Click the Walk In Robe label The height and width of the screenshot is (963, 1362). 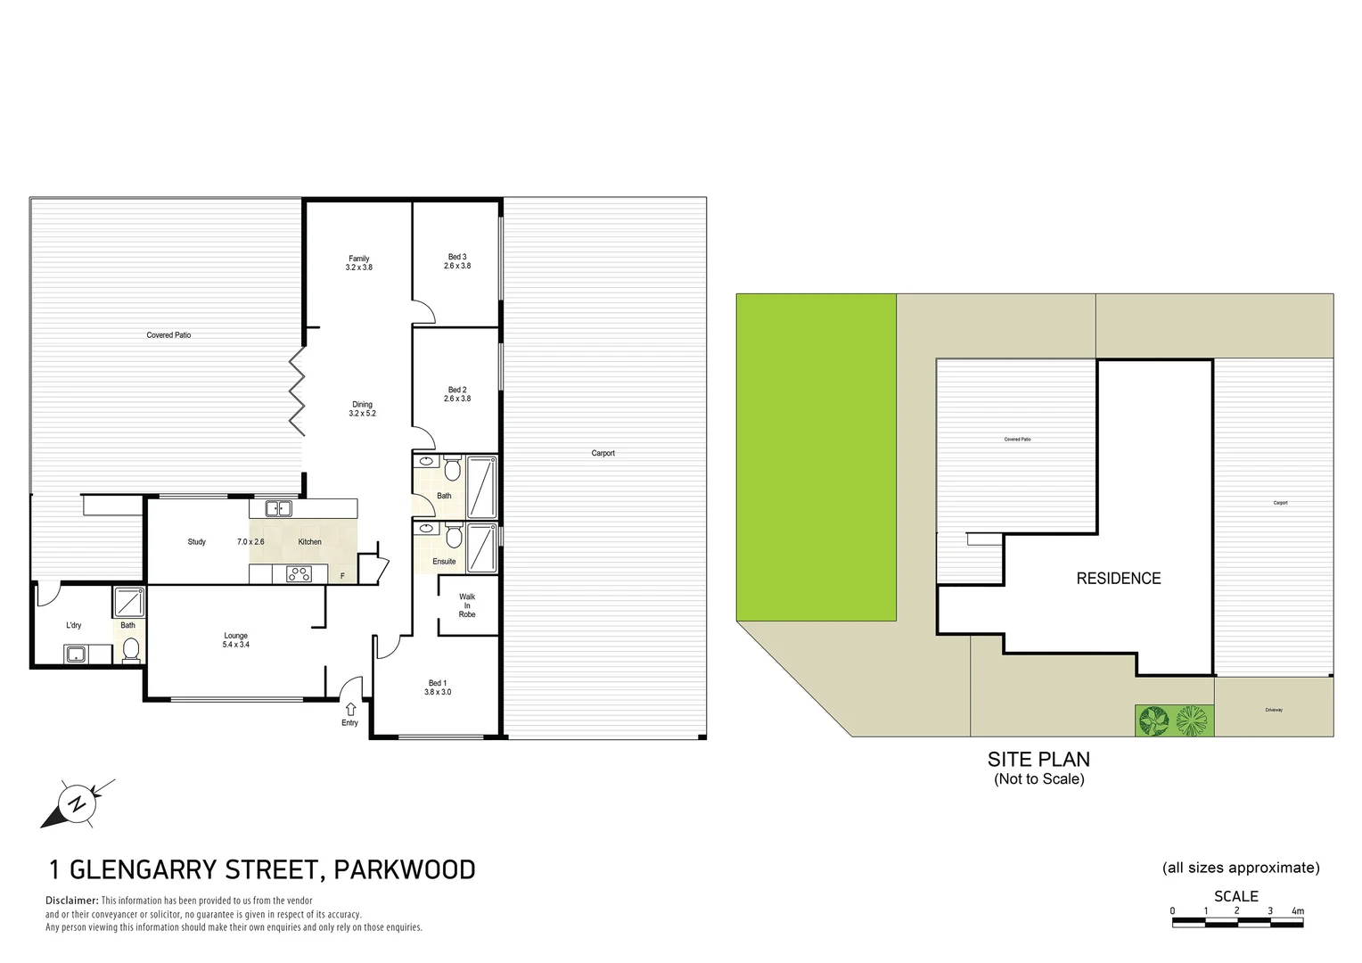pos(467,605)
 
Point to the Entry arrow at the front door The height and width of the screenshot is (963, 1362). pos(350,709)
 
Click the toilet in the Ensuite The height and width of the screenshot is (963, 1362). pos(454,536)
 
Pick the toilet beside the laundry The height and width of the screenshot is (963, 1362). pos(130,651)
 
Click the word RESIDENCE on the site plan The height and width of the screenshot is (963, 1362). pos(1118,579)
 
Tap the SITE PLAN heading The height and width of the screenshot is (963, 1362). pos(1038,760)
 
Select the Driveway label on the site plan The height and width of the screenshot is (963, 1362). pos(1274,710)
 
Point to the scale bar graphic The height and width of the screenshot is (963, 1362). pos(1237,922)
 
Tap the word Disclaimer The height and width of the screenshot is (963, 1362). pos(71,901)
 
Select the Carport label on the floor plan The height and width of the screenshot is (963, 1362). pos(603,453)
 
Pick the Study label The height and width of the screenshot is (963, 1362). pos(197,542)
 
